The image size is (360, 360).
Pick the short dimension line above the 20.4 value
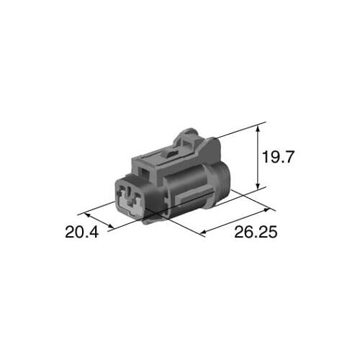(99, 220)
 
